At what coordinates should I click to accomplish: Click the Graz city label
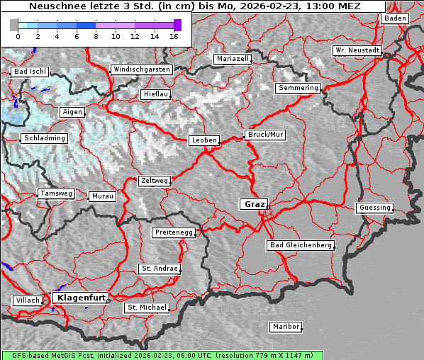click(254, 204)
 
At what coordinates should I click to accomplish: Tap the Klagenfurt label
click(81, 298)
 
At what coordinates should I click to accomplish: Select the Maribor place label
click(286, 327)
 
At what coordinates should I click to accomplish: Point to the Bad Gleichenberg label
click(300, 245)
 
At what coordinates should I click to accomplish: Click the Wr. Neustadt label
click(357, 50)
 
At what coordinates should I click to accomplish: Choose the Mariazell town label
click(233, 59)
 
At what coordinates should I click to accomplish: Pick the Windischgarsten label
click(141, 69)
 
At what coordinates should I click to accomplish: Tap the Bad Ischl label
click(30, 72)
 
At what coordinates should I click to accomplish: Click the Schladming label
click(44, 138)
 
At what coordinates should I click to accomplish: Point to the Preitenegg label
click(173, 232)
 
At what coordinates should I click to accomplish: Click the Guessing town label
click(374, 208)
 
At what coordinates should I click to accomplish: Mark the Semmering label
click(299, 88)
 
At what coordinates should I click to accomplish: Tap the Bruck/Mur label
click(265, 134)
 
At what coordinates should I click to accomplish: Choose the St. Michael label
click(147, 308)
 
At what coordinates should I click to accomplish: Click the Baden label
click(396, 18)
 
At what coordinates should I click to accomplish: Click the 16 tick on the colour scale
click(174, 36)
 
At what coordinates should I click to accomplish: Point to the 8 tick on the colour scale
click(96, 36)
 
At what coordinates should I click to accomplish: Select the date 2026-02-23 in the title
click(273, 6)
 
